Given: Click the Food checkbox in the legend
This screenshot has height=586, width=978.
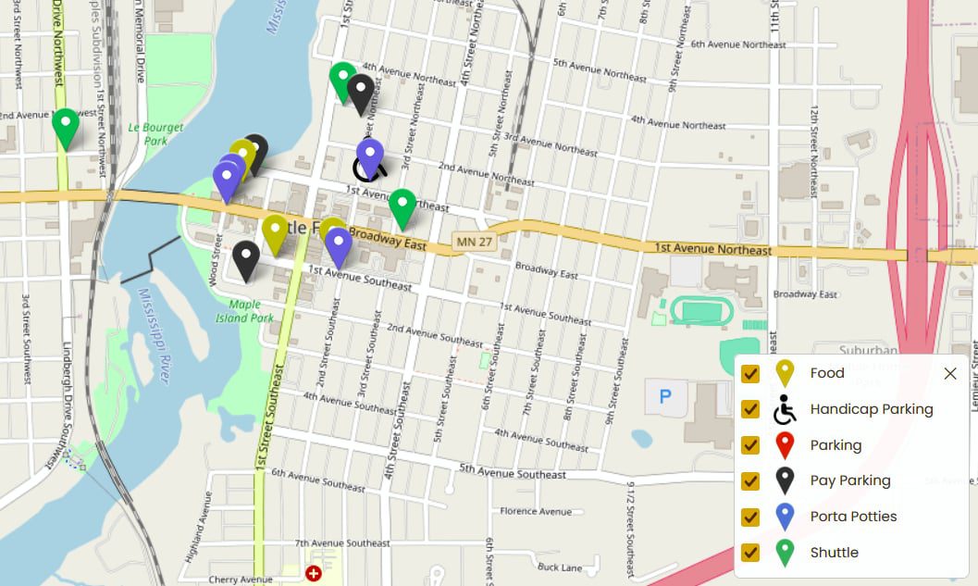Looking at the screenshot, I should [x=750, y=374].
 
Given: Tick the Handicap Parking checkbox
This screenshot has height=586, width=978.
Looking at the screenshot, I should [x=750, y=409].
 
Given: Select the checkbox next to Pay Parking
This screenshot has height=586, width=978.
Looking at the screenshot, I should [x=750, y=480].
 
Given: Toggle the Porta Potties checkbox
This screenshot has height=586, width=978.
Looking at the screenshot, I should [x=750, y=517].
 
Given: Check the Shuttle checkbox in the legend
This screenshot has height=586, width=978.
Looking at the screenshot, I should [x=750, y=553].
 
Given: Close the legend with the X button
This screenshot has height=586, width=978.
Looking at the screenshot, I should [x=949, y=374].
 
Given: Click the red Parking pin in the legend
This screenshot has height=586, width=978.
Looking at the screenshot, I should [x=785, y=444].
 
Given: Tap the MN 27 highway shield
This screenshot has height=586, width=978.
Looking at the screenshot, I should [x=469, y=242].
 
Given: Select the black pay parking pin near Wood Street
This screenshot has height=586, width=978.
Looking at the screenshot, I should [x=245, y=260].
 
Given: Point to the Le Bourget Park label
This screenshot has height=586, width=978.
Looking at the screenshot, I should [x=155, y=134].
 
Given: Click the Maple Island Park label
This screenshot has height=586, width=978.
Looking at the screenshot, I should [x=251, y=310].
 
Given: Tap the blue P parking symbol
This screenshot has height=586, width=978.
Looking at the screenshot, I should [x=664, y=397].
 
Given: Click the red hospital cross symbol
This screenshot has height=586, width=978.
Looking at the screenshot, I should [x=314, y=573].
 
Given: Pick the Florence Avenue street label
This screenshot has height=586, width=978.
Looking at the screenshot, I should [x=536, y=511].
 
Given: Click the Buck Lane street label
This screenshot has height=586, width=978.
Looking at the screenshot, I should [x=559, y=567].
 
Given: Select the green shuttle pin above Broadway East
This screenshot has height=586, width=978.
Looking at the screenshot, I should [x=402, y=207].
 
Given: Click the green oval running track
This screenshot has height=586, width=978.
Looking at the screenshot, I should [x=701, y=311].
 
